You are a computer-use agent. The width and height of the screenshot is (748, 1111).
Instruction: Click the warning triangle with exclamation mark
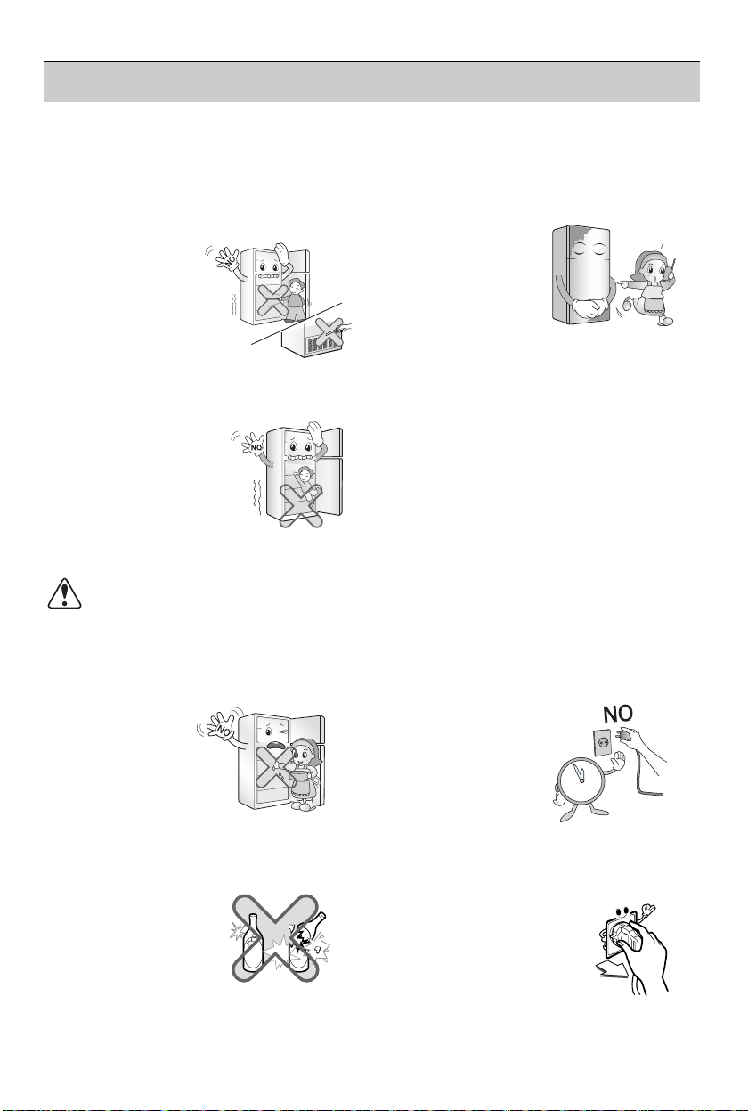[x=64, y=593]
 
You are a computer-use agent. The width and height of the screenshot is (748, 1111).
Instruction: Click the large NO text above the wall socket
[x=618, y=714]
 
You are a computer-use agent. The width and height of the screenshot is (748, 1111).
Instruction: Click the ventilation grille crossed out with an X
[x=321, y=343]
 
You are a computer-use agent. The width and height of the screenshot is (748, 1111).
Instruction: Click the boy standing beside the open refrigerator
[x=296, y=299]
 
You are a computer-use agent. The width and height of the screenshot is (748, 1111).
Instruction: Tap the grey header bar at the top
[x=371, y=82]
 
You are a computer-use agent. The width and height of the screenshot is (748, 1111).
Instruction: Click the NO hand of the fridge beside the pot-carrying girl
[x=222, y=727]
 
